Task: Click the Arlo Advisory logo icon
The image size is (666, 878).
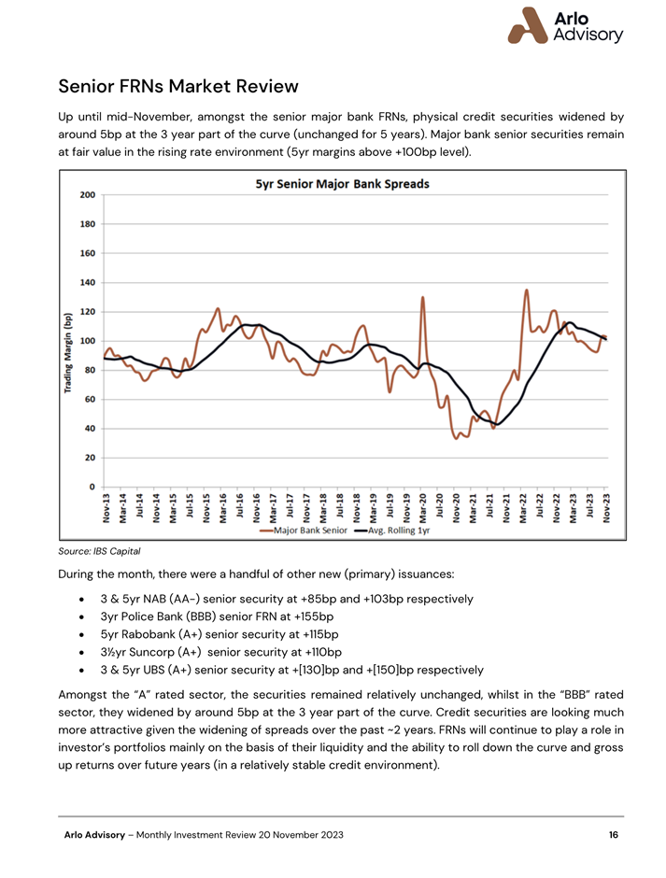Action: tap(528, 26)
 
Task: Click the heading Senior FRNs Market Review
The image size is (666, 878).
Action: tap(178, 86)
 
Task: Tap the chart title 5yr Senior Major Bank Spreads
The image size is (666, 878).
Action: tap(342, 184)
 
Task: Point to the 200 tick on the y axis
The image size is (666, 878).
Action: tap(88, 195)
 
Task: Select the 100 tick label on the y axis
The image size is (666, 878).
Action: tap(88, 341)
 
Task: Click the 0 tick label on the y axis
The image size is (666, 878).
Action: tap(92, 487)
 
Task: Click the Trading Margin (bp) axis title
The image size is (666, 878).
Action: tap(68, 353)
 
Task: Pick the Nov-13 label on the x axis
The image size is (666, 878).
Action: tap(106, 508)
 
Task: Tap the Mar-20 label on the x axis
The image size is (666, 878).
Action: tap(423, 508)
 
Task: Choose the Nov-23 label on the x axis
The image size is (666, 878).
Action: tap(606, 508)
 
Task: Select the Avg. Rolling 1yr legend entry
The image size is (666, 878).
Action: tap(392, 531)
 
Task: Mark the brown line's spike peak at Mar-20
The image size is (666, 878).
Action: tap(422, 297)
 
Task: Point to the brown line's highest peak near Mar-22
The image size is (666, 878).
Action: tap(527, 290)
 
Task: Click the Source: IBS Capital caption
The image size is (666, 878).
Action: tap(99, 551)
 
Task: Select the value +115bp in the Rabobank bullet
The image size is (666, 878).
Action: tap(320, 634)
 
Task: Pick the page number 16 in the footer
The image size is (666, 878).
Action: tap(614, 835)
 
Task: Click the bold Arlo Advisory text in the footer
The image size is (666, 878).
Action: tap(94, 835)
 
